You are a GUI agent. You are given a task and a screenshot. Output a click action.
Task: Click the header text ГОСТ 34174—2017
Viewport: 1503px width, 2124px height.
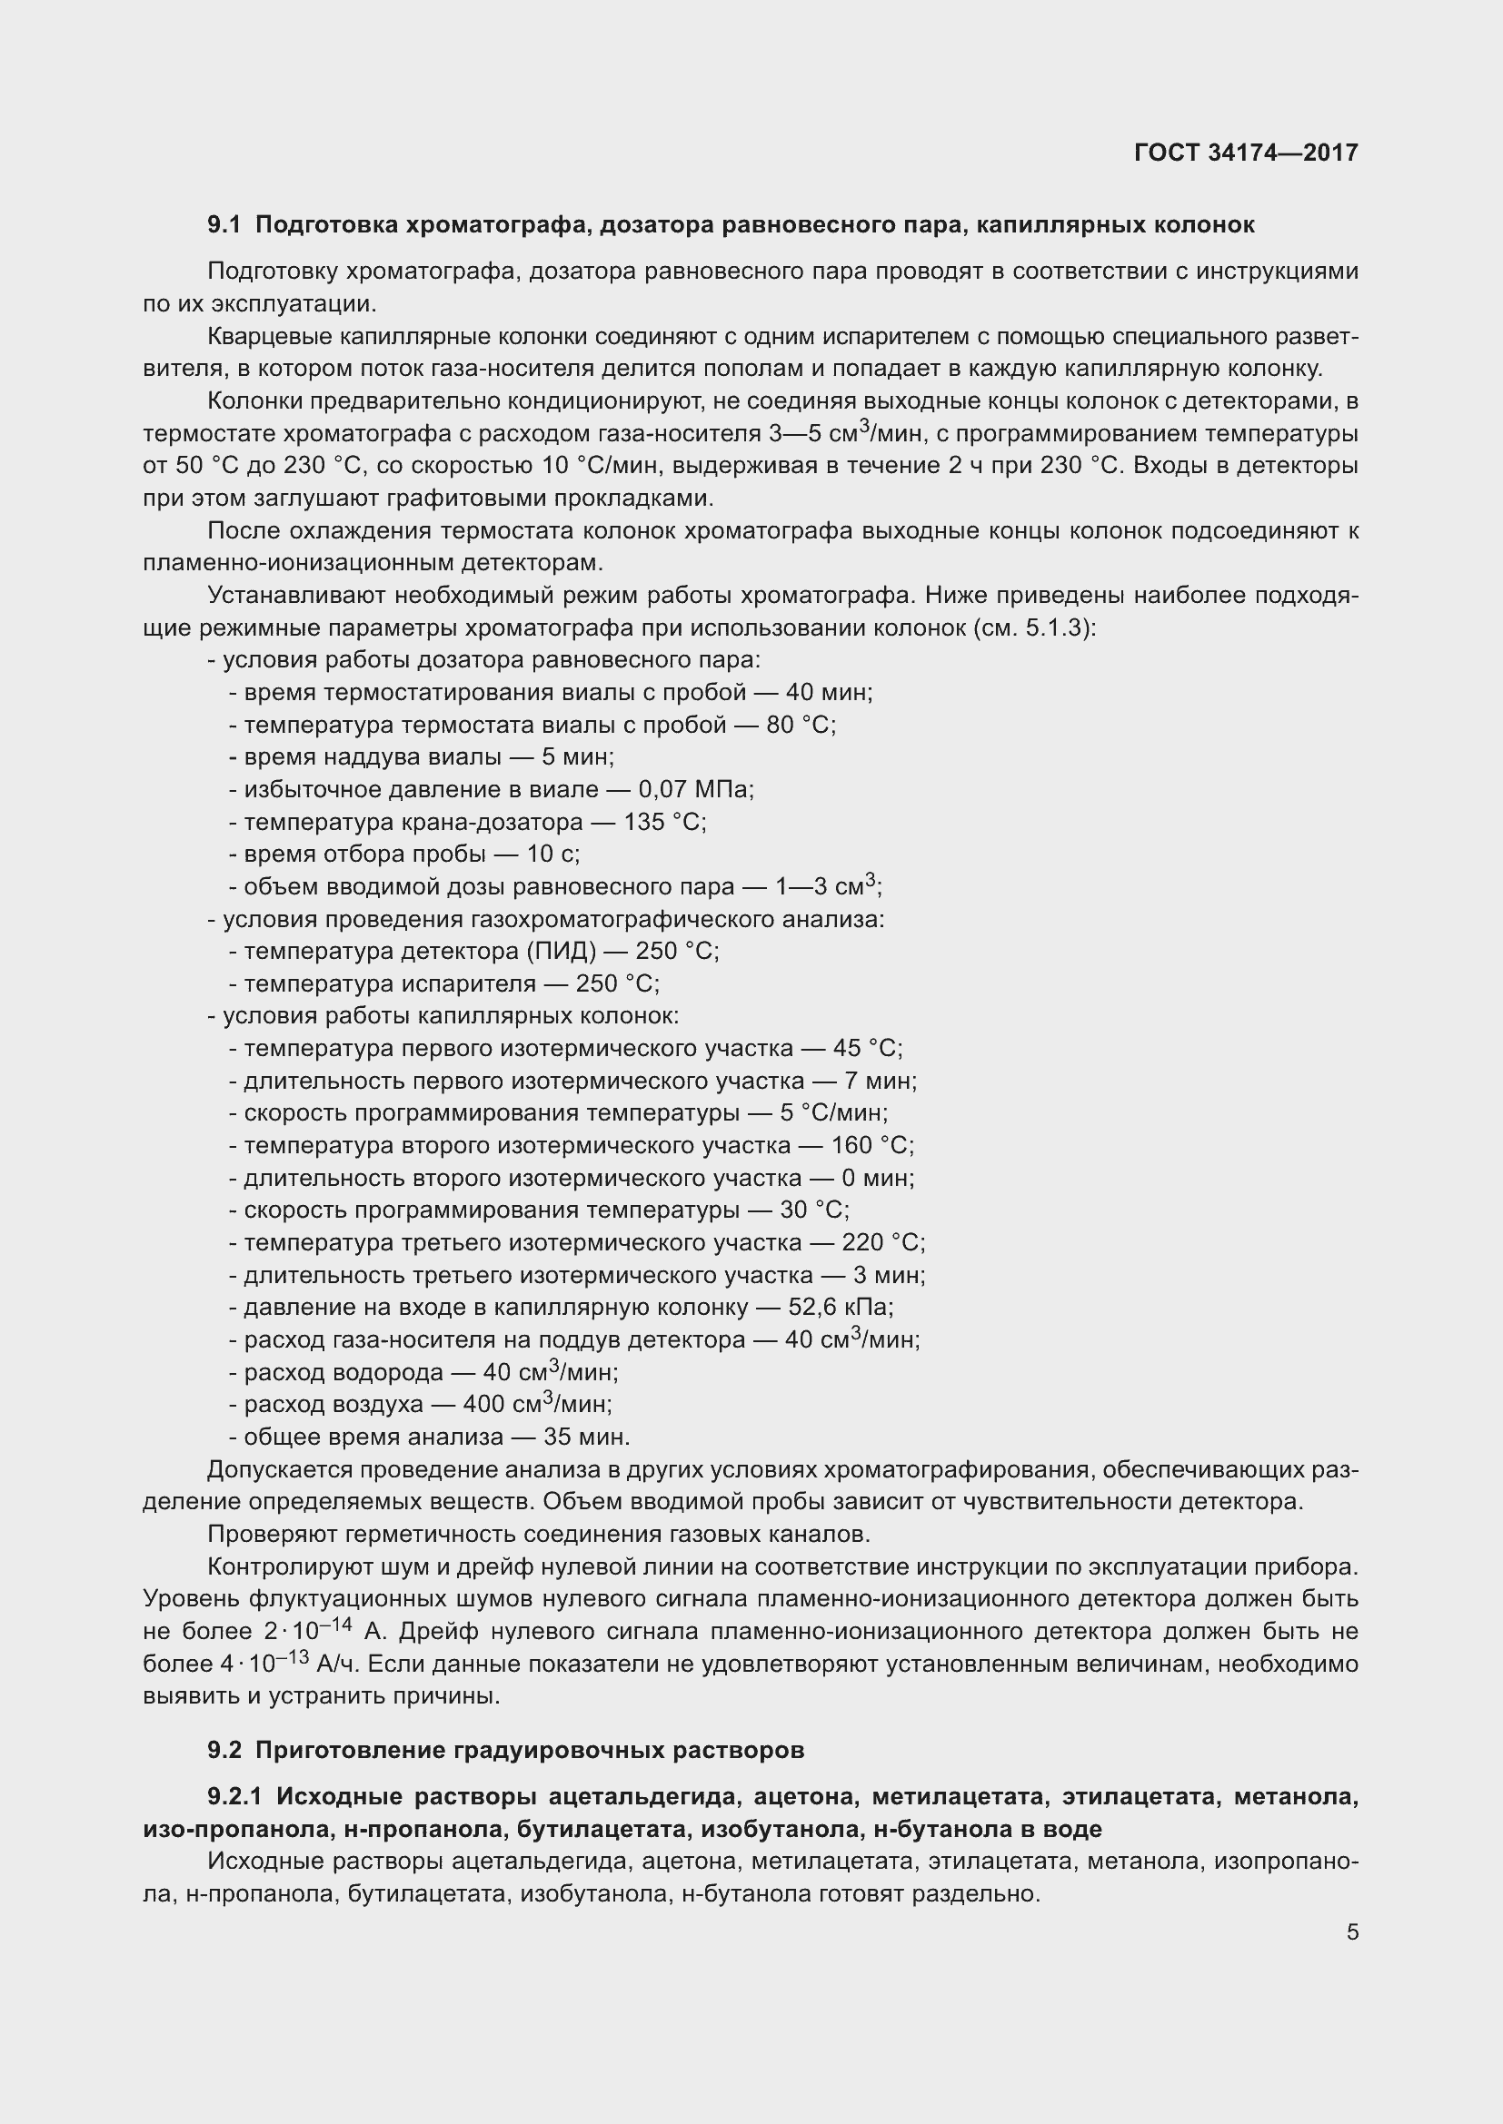coord(1246,153)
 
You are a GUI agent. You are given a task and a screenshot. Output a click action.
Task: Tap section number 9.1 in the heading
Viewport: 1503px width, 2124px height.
coord(224,225)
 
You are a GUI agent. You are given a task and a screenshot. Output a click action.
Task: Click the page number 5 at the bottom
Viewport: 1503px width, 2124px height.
coord(1352,1932)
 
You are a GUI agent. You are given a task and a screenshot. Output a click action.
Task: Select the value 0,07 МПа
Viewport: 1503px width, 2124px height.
coord(695,790)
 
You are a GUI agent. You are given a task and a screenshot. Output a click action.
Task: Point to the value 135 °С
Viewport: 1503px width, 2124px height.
coord(663,823)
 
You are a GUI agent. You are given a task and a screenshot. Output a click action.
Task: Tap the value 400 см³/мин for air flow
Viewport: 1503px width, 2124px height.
coord(537,1404)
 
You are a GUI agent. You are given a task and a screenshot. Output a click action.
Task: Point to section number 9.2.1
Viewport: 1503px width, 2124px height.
coord(236,1796)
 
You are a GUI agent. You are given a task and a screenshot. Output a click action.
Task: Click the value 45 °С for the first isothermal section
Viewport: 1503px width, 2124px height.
coord(866,1048)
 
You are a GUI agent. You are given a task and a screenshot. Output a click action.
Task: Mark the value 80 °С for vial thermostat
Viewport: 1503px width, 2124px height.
coord(800,726)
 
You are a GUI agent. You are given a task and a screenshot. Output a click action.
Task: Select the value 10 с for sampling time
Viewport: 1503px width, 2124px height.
coord(552,854)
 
